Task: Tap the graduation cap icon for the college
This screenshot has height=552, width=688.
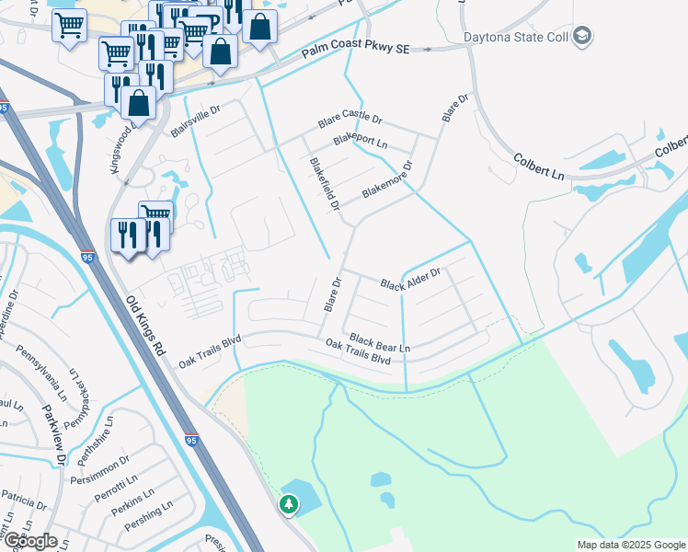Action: pos(581,37)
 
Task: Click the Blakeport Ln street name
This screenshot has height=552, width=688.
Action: pos(361,141)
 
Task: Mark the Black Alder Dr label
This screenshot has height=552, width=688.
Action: pos(411,278)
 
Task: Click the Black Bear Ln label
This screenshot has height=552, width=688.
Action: pos(379,342)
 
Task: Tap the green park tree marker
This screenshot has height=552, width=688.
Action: pos(289,504)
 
